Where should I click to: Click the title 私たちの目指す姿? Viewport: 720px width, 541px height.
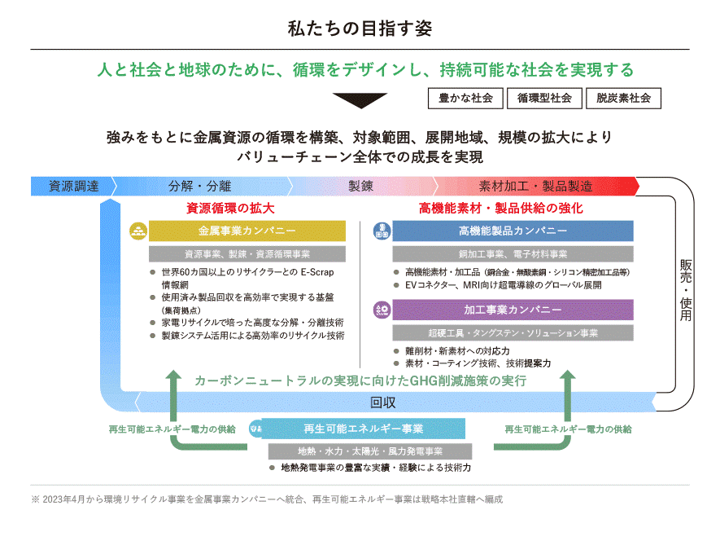[360, 28]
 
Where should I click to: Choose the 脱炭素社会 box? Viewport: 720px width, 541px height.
[622, 98]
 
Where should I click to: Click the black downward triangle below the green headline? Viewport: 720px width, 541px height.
[360, 100]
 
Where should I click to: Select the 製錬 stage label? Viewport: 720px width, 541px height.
[360, 186]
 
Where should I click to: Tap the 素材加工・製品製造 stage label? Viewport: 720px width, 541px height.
[535, 186]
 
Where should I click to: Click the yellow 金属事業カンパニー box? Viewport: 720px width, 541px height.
[247, 231]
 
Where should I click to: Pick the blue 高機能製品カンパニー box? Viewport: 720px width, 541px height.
[513, 231]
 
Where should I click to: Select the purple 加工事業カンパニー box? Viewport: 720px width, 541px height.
[513, 310]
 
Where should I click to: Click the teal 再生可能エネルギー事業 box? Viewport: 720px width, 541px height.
[363, 429]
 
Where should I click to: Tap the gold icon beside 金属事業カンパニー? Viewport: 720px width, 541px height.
[137, 231]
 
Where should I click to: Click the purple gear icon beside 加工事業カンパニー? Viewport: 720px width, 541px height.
[382, 310]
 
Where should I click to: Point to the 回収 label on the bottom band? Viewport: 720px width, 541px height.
[382, 402]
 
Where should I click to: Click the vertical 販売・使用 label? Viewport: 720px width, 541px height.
[685, 290]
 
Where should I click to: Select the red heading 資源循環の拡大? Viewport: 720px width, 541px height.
[230, 209]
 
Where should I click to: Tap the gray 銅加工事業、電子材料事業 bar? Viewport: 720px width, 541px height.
[513, 254]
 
